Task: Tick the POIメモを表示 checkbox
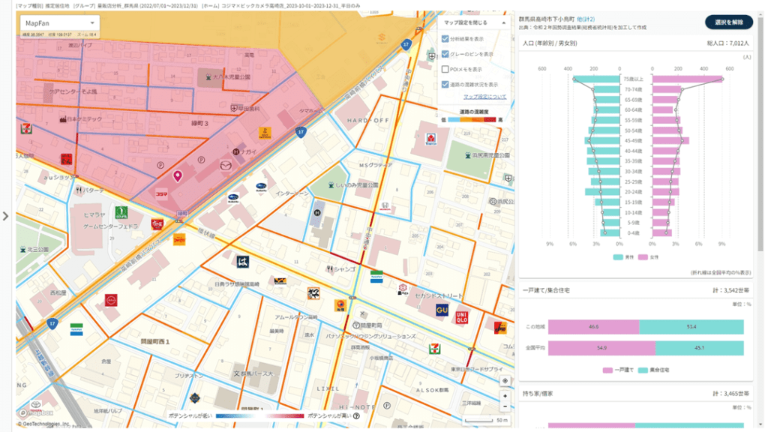point(445,69)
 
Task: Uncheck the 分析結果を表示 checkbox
point(445,39)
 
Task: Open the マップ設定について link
point(484,97)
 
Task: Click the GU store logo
point(442,310)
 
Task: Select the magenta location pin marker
point(178,176)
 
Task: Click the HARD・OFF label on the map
point(367,121)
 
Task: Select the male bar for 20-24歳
point(603,192)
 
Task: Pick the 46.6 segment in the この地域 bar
point(593,327)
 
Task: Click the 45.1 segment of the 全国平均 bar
point(699,348)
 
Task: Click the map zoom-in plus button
point(505,394)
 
